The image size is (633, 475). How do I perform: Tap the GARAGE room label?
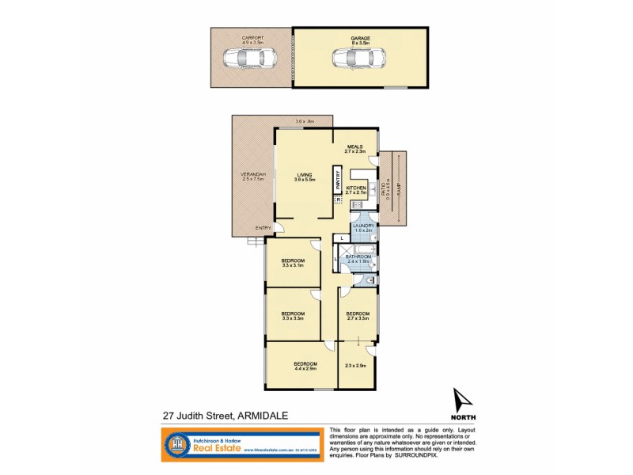coord(361,37)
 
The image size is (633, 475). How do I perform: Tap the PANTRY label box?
coord(337,180)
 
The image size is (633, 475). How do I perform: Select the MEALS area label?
coord(354,146)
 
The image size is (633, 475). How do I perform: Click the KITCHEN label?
coord(356,188)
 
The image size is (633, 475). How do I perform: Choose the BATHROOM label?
coord(358,256)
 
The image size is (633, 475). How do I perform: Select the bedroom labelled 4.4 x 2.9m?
coord(305,365)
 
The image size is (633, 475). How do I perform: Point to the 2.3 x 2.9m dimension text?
coord(357,365)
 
